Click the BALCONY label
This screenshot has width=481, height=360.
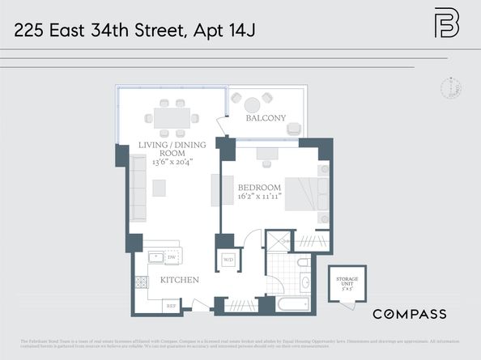(266, 119)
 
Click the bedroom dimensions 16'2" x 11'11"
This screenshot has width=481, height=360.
(258, 197)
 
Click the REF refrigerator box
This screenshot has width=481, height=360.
(171, 306)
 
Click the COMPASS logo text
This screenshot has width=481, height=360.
(409, 313)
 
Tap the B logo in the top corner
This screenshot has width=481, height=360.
(446, 23)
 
